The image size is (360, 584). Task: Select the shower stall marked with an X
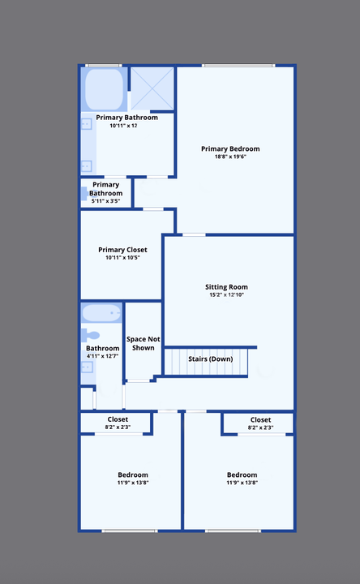[152, 88]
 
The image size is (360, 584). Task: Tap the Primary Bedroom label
[230, 148]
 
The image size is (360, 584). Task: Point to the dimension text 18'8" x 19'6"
[230, 157]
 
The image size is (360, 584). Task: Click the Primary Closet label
[122, 249]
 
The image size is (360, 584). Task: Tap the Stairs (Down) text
[210, 359]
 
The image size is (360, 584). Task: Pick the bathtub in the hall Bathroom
[101, 313]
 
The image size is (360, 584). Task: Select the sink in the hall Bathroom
[87, 367]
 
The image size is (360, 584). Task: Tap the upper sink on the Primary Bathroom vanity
[86, 124]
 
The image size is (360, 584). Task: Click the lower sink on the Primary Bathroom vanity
[86, 165]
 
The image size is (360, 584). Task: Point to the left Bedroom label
[133, 474]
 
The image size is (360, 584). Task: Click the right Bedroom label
[242, 474]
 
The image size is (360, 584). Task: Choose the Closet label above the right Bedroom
[260, 419]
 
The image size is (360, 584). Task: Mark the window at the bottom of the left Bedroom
[129, 530]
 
